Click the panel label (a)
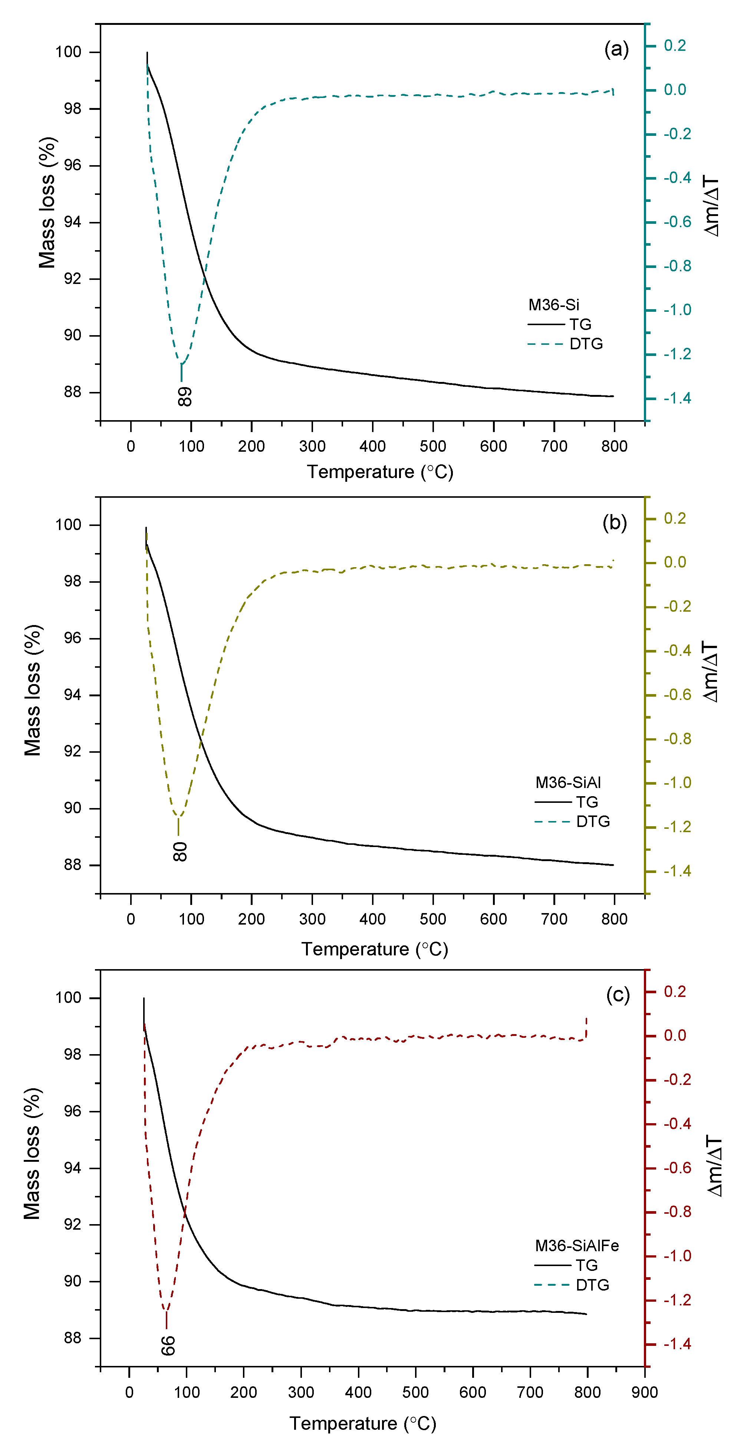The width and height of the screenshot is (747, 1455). point(616,50)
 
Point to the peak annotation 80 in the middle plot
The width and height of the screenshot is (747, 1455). point(180,851)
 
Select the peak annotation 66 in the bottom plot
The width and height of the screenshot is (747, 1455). point(168,1346)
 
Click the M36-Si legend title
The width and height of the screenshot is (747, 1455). point(553,305)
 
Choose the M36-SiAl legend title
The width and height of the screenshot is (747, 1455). point(567,782)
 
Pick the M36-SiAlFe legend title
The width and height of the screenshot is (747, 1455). point(576,1245)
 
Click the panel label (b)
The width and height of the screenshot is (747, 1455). point(614,523)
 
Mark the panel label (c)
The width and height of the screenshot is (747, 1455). point(617,995)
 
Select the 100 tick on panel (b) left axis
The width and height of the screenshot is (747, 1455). point(68,525)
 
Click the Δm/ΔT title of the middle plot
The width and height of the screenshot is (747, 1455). point(711,672)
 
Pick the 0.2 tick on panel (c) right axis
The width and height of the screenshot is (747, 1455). point(675,991)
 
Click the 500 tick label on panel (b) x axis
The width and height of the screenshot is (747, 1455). point(432,919)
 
